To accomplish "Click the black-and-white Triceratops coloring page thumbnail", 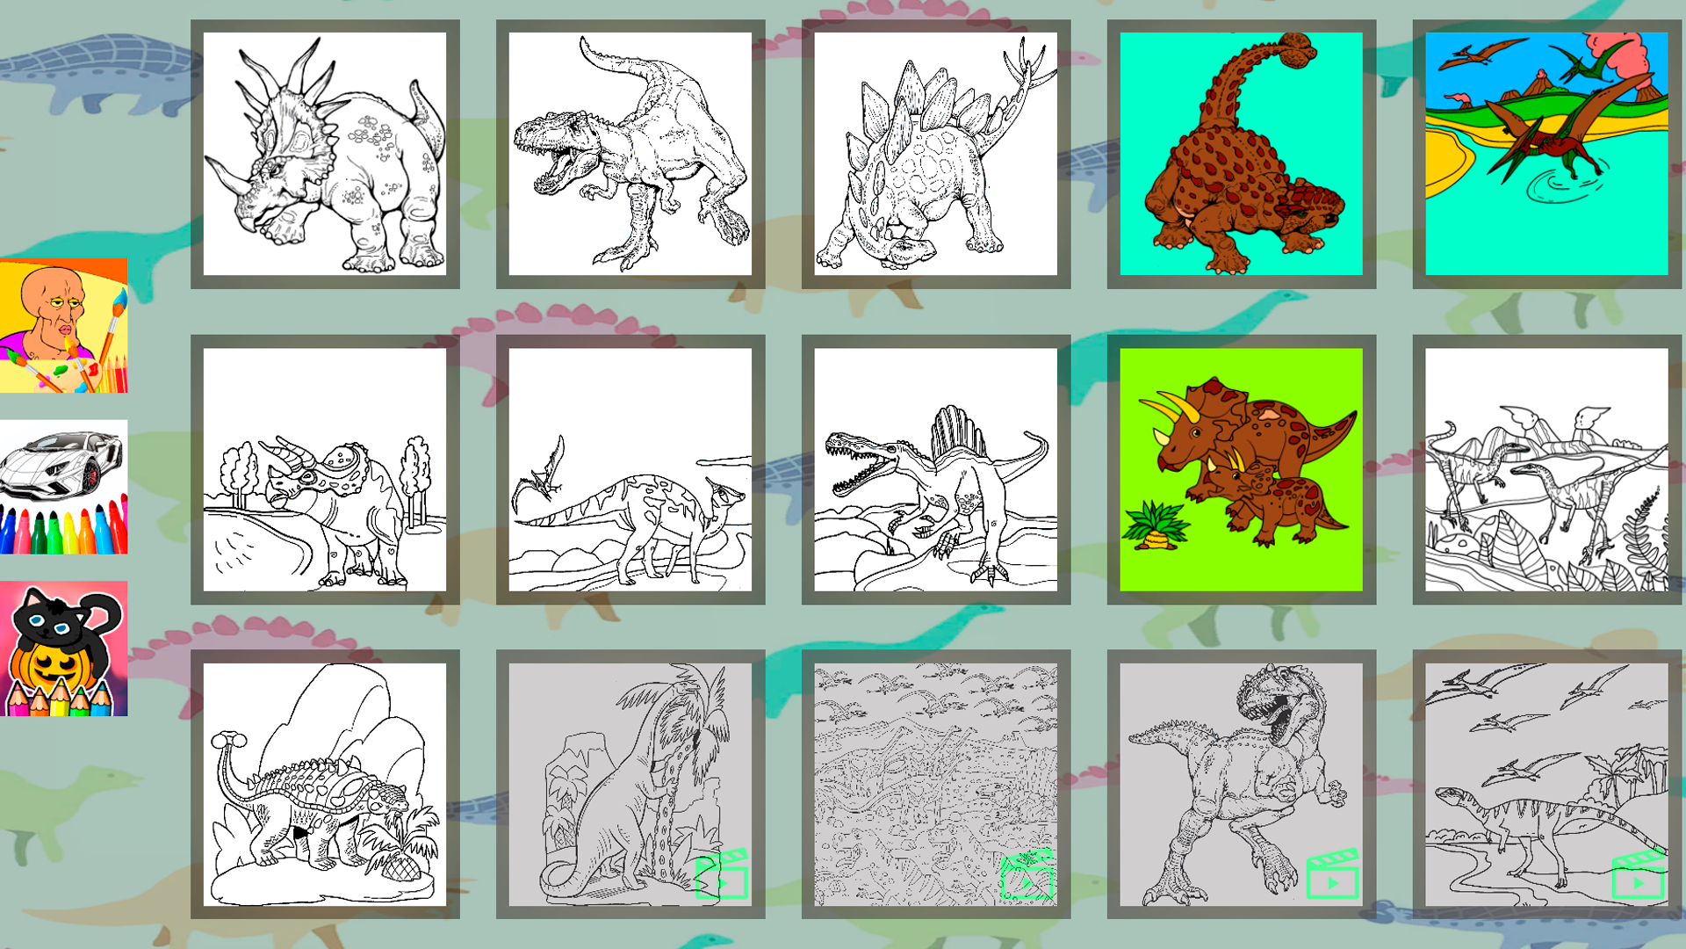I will point(325,154).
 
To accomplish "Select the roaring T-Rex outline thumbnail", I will point(630,154).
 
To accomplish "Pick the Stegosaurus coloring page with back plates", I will point(935,154).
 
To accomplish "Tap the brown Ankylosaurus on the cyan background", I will point(1241,154).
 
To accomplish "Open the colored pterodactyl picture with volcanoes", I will point(1546,154).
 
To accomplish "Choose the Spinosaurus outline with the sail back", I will point(935,469).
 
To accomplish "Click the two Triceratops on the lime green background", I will point(1241,469).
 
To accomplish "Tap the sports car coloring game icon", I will point(63,486).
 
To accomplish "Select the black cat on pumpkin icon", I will point(63,648).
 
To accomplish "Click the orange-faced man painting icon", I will point(63,325).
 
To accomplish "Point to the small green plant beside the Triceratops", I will point(1156,525).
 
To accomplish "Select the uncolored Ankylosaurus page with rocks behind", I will point(325,784).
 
